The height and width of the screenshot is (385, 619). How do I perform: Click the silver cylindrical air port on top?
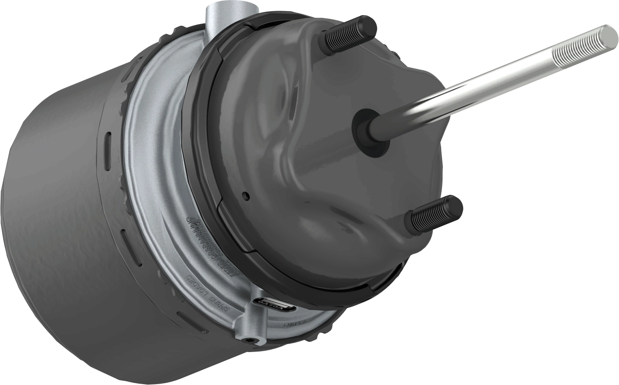coord(227,16)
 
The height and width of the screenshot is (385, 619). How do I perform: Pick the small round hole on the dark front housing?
coord(244,195)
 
